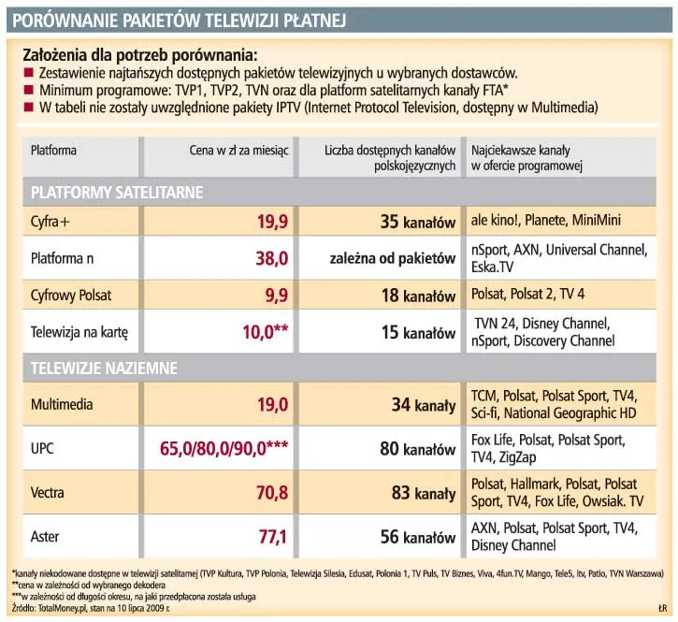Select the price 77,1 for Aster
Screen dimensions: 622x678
(272, 537)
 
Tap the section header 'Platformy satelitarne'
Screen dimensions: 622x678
(117, 192)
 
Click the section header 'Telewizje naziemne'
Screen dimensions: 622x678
(104, 369)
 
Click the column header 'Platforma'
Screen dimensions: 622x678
(54, 150)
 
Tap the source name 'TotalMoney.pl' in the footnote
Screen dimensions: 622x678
(63, 607)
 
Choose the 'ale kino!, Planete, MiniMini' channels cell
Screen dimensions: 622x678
(546, 222)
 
